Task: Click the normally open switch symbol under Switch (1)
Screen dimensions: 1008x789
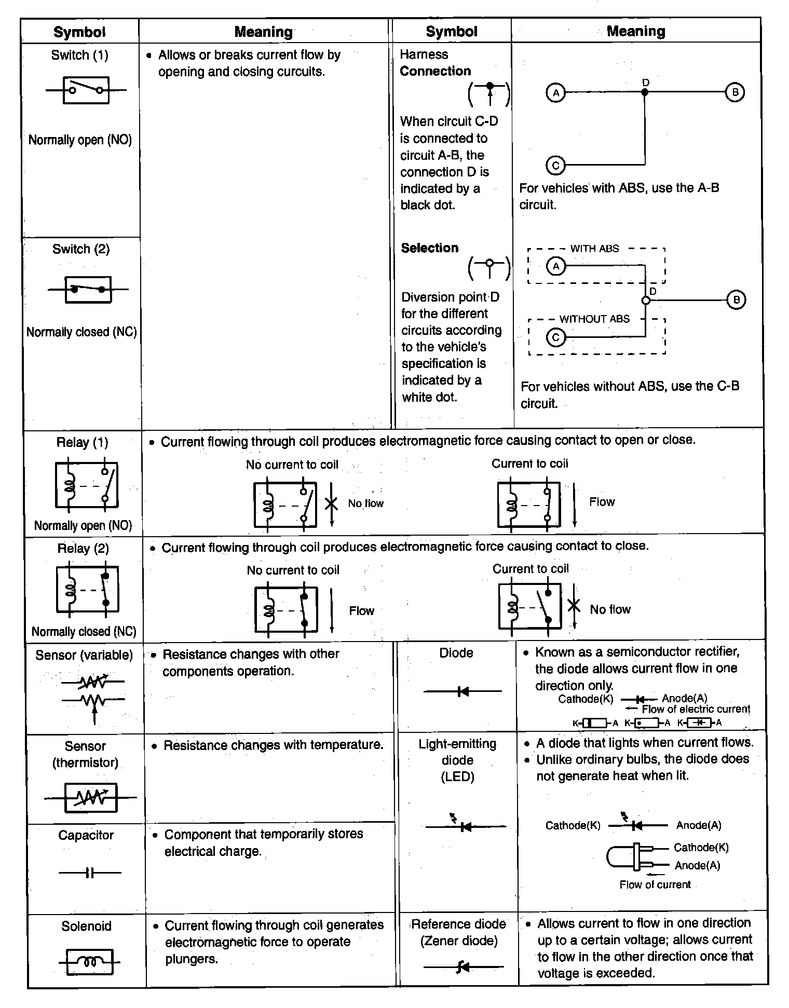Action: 86,90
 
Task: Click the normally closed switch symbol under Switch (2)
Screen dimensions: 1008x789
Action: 88,290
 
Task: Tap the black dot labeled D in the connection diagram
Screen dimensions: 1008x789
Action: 645,92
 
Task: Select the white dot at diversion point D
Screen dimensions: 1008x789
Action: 646,301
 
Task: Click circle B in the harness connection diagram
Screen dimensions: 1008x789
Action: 734,92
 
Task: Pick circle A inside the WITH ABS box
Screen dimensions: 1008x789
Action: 556,267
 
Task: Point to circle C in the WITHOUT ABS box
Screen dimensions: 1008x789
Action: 556,338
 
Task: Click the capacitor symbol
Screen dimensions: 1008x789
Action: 90,873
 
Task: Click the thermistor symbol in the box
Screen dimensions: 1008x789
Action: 91,797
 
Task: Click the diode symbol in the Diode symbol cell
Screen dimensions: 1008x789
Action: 463,691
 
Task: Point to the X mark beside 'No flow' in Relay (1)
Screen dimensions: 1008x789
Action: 331,503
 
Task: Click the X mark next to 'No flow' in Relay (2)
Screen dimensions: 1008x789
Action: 574,606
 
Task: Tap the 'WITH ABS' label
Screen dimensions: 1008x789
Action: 594,249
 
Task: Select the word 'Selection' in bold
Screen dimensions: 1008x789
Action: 430,248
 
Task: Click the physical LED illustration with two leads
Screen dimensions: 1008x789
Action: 636,856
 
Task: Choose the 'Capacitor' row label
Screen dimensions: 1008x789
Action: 86,835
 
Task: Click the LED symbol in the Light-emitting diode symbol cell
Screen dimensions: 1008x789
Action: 465,825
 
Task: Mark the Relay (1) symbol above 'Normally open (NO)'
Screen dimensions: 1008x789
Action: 87,485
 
